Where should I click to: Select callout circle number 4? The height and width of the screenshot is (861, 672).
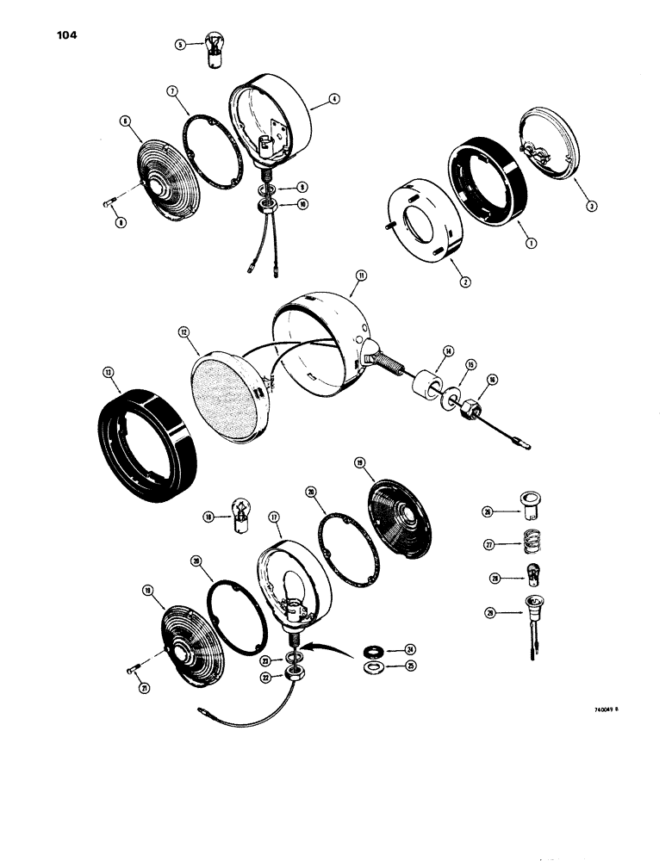(334, 102)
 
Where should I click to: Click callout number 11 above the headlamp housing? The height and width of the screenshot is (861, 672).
(361, 276)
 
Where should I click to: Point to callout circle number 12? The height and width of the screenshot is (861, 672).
(183, 331)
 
